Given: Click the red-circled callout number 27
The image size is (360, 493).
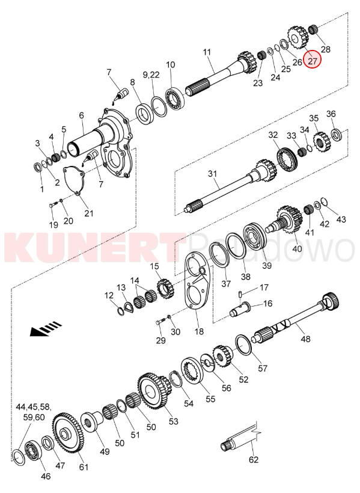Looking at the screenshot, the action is [x=313, y=60].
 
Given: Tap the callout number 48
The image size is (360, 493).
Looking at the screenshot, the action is [x=305, y=338].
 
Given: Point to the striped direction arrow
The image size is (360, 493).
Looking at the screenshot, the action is [x=46, y=328].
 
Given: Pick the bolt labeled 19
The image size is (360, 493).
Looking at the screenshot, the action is [x=53, y=204].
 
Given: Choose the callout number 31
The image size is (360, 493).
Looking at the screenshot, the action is [x=213, y=173].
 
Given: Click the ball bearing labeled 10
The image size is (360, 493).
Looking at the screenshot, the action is [x=174, y=98].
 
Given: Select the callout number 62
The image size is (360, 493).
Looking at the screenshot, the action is [x=254, y=459].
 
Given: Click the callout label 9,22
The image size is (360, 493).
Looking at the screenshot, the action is [x=151, y=75].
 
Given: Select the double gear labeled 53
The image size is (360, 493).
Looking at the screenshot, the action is [x=154, y=391].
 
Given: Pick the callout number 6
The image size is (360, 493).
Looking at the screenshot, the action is [x=81, y=115].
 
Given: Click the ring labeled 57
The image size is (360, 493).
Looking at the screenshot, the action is [x=243, y=344].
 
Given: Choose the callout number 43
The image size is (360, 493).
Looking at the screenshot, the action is [x=341, y=219].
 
